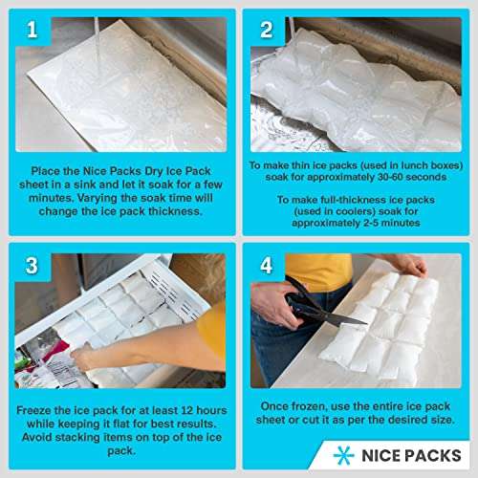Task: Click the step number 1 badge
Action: [32, 30]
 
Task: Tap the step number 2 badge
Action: [267, 30]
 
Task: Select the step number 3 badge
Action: [32, 265]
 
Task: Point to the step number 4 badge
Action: [267, 265]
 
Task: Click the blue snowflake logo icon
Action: [344, 455]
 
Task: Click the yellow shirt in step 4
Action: [319, 272]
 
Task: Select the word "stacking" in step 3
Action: [77, 437]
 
